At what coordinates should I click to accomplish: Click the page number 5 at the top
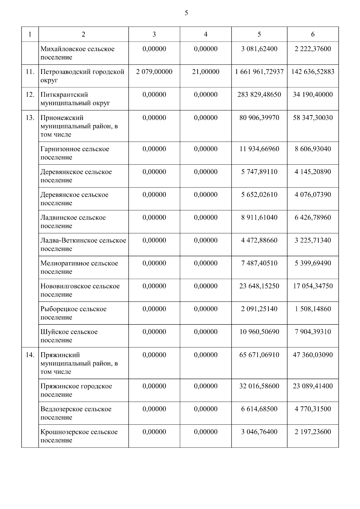click(186, 13)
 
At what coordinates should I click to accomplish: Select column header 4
click(205, 34)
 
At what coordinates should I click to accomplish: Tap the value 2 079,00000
click(154, 72)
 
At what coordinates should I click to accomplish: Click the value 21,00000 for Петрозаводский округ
click(205, 72)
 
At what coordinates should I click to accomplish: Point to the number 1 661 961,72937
click(259, 72)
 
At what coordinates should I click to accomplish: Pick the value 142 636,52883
click(313, 72)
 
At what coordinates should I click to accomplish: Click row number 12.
click(30, 95)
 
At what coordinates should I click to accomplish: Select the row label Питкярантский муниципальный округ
click(75, 99)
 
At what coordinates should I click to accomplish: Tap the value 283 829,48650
click(259, 95)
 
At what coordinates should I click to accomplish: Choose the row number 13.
click(30, 118)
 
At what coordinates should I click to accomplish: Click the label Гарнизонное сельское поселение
click(75, 153)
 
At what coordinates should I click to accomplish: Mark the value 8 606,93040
click(313, 149)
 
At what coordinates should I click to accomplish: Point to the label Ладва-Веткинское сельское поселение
click(83, 244)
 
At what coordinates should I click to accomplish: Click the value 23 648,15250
click(259, 286)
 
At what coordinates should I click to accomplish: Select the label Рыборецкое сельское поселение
click(73, 313)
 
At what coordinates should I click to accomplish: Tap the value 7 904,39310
click(313, 332)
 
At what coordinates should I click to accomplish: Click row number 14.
click(30, 355)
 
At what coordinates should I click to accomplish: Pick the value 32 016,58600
click(259, 386)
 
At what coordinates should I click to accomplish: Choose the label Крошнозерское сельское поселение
click(79, 436)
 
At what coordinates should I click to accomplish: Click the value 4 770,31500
click(313, 409)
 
